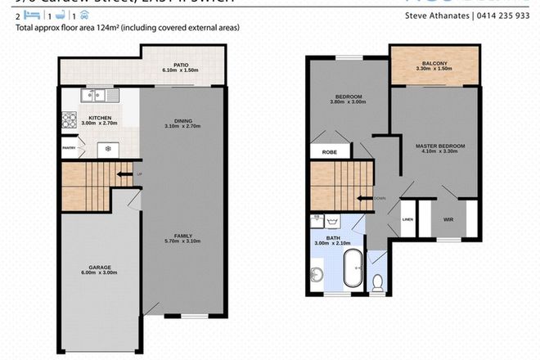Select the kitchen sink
click(x=91, y=97)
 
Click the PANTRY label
click(x=70, y=148)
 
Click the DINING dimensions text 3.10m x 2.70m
click(x=182, y=127)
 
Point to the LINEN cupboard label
click(x=407, y=218)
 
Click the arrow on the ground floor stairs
click(x=124, y=174)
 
